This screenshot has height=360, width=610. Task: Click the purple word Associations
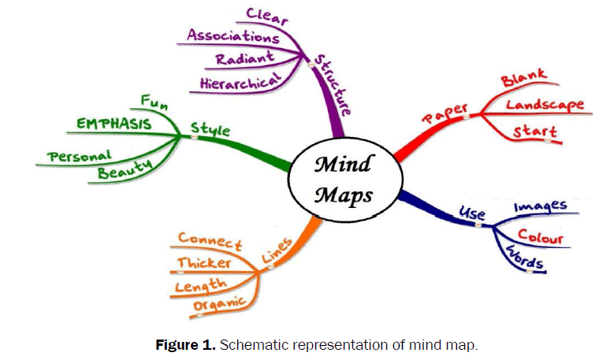[x=233, y=35]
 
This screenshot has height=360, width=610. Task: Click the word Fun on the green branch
[x=154, y=100]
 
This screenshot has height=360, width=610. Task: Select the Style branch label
[x=210, y=128]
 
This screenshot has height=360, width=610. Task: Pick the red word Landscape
[x=545, y=105]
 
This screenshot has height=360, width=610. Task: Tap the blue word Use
[x=471, y=213]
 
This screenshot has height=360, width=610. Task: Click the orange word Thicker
[x=204, y=262]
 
